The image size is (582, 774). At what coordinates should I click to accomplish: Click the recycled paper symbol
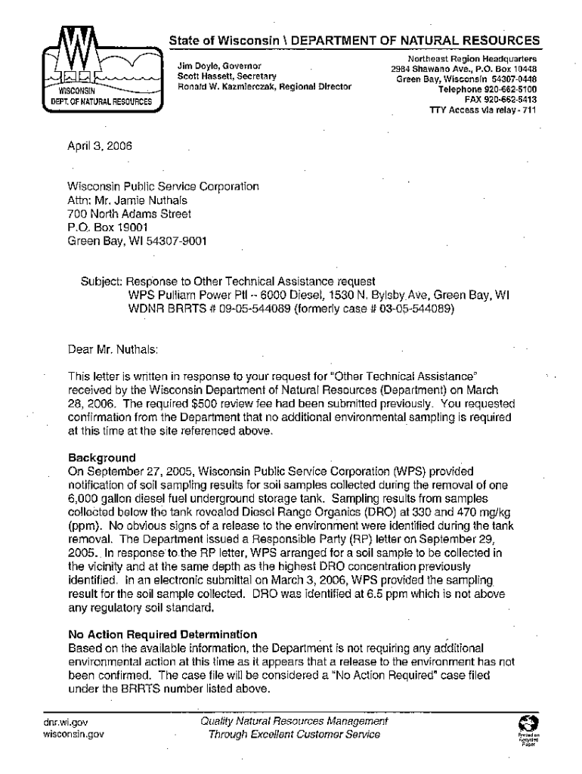point(527,723)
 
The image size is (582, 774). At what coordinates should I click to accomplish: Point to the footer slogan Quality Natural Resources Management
point(294,722)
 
